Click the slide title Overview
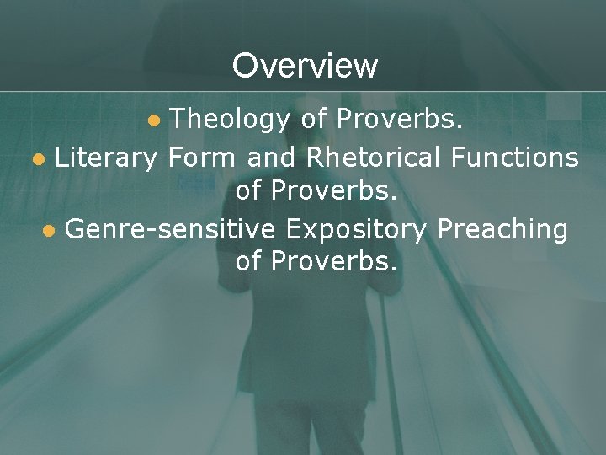pos(305,65)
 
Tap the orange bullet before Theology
pos(153,121)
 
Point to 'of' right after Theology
pos(313,120)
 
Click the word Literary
pos(106,157)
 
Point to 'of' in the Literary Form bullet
pos(248,190)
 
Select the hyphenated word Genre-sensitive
pos(172,229)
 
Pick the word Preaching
pos(504,229)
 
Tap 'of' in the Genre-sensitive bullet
pos(248,262)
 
